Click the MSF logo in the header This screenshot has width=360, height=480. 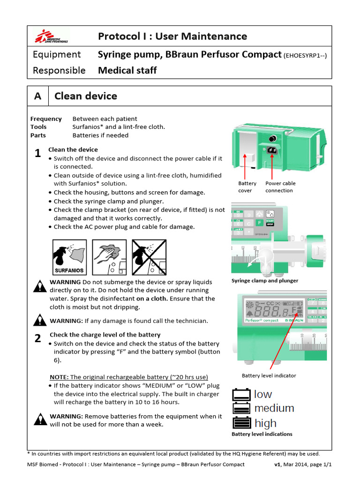coord(51,36)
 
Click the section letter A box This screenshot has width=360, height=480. coord(38,96)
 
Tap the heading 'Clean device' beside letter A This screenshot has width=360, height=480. coord(86,96)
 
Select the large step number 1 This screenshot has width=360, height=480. coord(38,154)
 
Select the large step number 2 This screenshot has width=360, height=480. coord(38,338)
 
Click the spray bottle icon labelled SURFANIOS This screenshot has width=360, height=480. coord(69,256)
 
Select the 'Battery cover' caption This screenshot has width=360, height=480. coord(247,187)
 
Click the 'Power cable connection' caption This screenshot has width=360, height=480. coord(280,187)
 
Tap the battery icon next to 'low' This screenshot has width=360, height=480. coord(241,395)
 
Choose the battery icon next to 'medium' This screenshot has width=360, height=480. coord(241,409)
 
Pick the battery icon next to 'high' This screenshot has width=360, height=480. coord(241,423)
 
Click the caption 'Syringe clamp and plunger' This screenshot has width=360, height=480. coord(264,281)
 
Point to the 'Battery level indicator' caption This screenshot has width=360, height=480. coord(269,375)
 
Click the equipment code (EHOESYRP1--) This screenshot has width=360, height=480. coord(305,55)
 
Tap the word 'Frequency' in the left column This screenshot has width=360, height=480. coord(46,119)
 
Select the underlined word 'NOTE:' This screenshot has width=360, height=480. coord(59,377)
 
